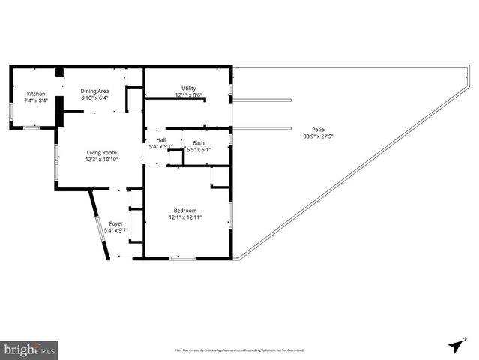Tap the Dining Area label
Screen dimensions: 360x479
[x=95, y=90]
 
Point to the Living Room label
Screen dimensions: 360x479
[x=101, y=153]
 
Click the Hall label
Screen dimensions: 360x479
[x=160, y=140]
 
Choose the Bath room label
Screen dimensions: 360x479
[x=198, y=143]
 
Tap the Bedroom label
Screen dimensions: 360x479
[x=185, y=211]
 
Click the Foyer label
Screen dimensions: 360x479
[x=115, y=223]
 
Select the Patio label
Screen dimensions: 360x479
[x=318, y=130]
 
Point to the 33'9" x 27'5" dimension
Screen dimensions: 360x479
[x=318, y=136]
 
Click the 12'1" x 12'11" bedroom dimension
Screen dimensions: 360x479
[x=185, y=217]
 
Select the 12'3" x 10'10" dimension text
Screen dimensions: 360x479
[x=101, y=159]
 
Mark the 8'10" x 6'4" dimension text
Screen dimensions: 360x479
[x=95, y=97]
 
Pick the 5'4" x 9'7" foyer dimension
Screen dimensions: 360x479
[x=115, y=229]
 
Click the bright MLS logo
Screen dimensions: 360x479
[x=29, y=349]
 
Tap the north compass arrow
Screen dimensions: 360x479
[x=454, y=345]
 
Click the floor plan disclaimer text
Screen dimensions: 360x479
[x=239, y=349]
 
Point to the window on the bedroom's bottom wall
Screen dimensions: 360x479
[x=183, y=259]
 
